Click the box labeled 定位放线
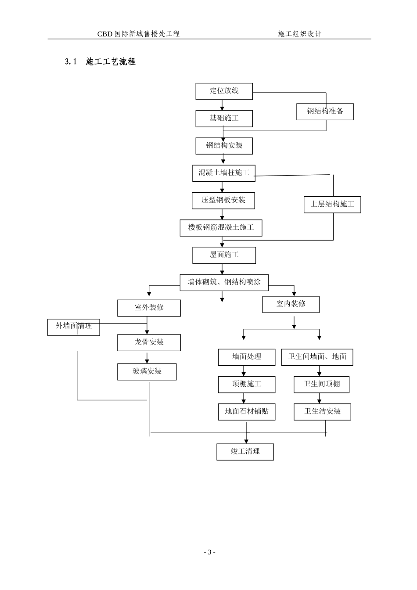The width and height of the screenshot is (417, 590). [x=224, y=91]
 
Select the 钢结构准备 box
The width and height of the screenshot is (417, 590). [x=325, y=112]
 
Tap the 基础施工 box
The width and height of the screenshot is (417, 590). [x=224, y=119]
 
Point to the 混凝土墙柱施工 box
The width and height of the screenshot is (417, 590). [x=224, y=173]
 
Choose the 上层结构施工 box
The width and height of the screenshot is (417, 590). [x=332, y=205]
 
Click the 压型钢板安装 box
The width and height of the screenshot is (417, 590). [x=223, y=201]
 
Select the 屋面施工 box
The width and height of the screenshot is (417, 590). [x=224, y=255]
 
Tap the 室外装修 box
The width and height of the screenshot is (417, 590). [x=149, y=308]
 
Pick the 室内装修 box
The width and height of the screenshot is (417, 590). [x=291, y=305]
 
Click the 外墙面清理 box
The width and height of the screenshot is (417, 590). [x=73, y=327]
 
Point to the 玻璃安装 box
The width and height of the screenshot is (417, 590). [x=147, y=372]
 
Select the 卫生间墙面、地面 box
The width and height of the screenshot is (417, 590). [x=317, y=357]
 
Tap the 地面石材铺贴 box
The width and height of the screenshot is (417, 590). [x=247, y=412]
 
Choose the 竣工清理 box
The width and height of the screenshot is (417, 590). [x=245, y=452]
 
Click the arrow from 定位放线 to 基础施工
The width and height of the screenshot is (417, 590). [x=222, y=105]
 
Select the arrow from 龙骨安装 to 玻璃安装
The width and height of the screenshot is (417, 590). [x=147, y=357]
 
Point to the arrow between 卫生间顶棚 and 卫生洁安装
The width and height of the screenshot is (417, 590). [x=319, y=398]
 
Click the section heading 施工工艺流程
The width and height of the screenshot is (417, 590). [x=110, y=61]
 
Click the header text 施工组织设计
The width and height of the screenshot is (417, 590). [x=299, y=34]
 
